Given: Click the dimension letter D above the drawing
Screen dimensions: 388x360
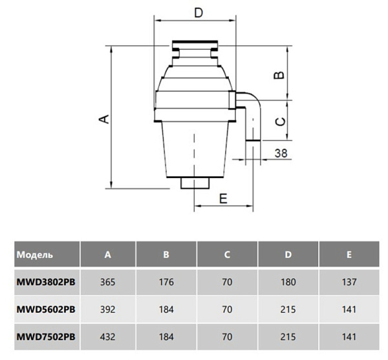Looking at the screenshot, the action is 199,13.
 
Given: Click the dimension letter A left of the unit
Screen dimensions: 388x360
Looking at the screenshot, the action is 104,119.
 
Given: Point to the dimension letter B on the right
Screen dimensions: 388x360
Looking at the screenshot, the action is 279,75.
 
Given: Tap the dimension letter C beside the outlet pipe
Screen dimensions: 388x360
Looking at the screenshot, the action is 281,122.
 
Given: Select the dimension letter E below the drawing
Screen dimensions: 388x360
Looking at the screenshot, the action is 224,199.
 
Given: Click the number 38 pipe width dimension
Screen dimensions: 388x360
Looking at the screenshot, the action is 281,153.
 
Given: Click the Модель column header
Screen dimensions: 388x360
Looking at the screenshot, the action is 35,254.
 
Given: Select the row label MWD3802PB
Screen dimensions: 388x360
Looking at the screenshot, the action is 46,282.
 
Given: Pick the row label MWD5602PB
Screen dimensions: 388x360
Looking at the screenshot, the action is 46,309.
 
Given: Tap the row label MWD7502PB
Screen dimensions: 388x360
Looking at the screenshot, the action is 46,337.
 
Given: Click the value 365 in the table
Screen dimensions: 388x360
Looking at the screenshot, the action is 107,282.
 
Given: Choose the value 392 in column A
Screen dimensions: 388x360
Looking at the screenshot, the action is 107,309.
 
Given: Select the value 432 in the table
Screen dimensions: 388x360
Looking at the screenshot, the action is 107,337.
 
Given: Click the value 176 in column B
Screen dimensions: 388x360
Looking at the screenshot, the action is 166,282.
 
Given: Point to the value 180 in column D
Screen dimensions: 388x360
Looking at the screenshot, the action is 288,282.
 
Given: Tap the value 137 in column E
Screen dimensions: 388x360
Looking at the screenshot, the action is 349,282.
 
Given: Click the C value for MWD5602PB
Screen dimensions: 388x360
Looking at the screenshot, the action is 227,309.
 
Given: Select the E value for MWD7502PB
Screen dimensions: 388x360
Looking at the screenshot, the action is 349,337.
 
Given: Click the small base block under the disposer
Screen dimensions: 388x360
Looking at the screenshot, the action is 195,183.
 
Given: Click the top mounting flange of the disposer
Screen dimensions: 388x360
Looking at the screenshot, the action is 195,45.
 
